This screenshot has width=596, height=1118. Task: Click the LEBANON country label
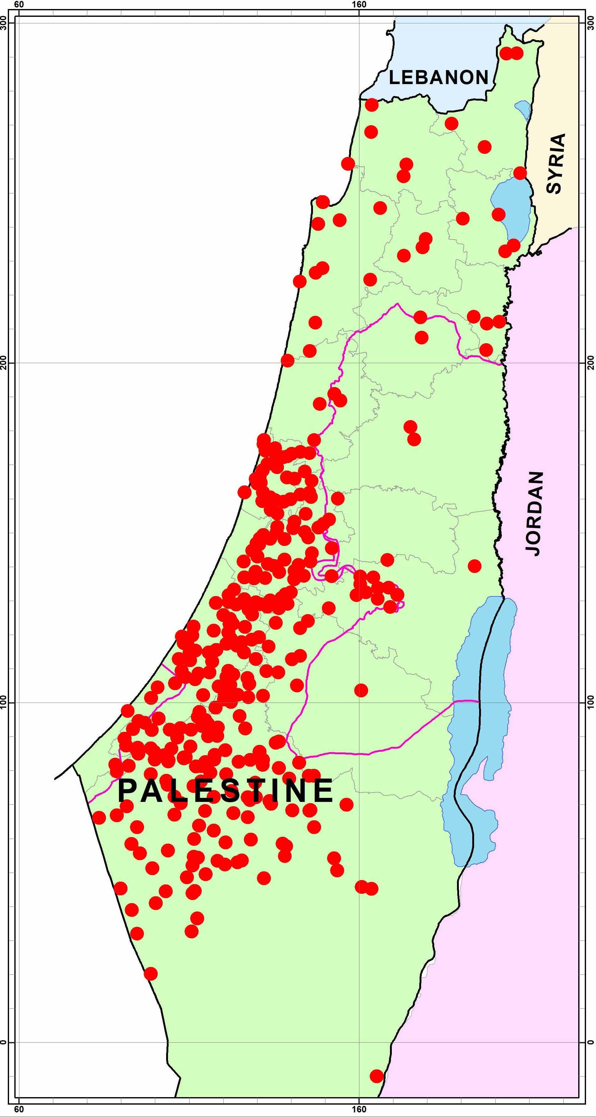439,78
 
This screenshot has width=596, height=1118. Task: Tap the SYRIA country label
556,163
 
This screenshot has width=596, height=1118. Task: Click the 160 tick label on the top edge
359,5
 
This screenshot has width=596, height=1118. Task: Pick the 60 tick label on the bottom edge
19,1112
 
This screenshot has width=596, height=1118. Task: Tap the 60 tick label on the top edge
19,5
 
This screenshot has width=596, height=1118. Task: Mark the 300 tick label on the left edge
5,22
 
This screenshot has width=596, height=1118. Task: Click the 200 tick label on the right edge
590,363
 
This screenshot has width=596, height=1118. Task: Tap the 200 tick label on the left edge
5,363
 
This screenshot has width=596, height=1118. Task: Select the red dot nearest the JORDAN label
475,566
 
